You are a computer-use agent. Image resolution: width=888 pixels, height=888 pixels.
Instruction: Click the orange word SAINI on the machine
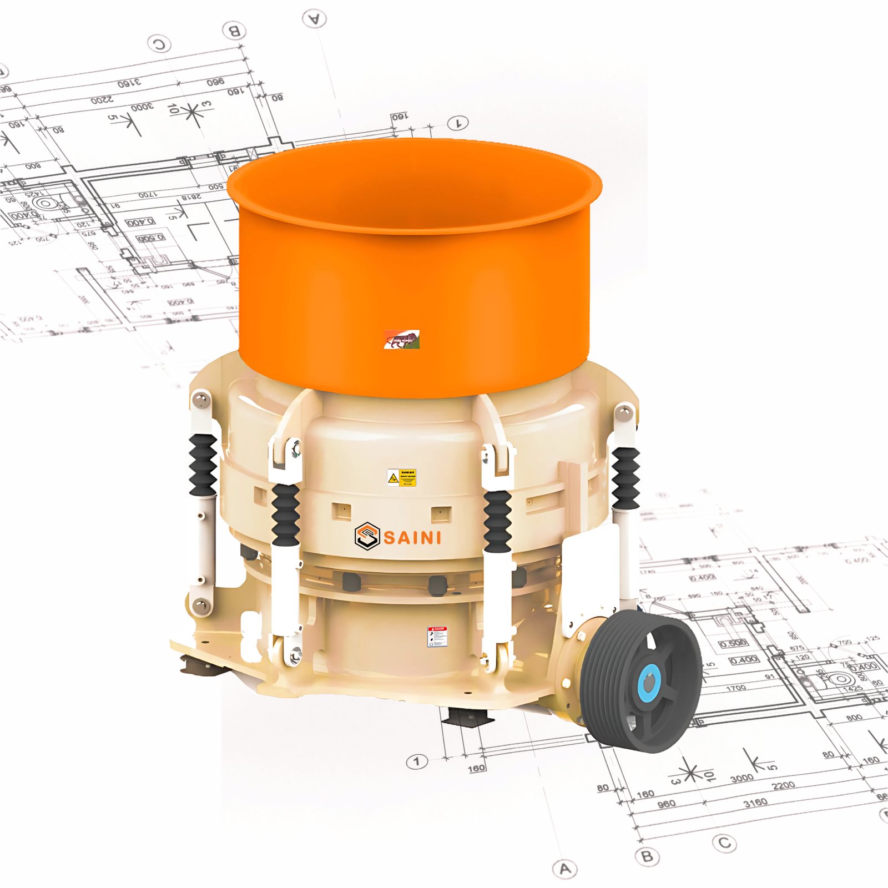(412, 537)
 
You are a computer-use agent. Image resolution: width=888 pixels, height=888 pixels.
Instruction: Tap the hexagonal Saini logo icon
(367, 536)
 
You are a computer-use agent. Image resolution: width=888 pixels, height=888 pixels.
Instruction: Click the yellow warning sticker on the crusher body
(402, 477)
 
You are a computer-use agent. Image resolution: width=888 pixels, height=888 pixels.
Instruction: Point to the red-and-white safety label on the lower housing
(437, 636)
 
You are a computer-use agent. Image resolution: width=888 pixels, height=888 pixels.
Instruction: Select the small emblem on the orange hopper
(402, 339)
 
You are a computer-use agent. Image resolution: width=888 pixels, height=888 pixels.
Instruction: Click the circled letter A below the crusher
(565, 868)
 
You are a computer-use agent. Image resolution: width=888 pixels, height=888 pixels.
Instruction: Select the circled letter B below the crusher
(647, 856)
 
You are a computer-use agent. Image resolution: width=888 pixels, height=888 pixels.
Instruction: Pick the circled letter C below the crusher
(724, 843)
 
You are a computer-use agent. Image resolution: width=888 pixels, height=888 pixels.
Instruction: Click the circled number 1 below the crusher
(417, 761)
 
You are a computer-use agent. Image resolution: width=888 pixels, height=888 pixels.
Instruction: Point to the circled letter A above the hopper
(315, 19)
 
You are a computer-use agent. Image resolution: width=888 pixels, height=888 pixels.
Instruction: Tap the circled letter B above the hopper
(234, 31)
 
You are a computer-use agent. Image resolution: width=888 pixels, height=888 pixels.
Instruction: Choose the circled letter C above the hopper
(159, 43)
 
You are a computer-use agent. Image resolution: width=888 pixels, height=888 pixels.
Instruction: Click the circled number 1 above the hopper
(458, 123)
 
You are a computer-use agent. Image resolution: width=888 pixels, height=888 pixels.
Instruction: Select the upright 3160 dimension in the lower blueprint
(755, 803)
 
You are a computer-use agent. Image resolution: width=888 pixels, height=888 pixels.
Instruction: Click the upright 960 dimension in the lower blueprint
(666, 804)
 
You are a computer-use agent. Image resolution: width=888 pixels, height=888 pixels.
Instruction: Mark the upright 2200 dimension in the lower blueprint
(783, 785)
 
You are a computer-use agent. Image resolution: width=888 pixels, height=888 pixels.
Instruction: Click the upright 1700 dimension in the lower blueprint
(736, 688)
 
